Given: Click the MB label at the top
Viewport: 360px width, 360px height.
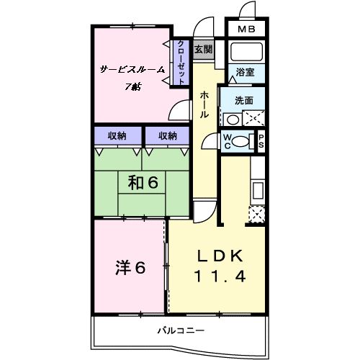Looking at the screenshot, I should click(x=246, y=30).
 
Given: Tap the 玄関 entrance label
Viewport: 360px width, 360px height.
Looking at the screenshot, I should click(x=203, y=50).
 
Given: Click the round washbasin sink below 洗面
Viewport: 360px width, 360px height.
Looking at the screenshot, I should click(x=232, y=120).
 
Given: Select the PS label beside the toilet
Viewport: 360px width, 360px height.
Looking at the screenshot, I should click(x=261, y=141).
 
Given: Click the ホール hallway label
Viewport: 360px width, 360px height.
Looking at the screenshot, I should click(x=204, y=104).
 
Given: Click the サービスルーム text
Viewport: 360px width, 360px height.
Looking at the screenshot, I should click(x=132, y=69).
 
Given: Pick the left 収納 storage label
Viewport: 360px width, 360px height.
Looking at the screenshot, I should click(x=117, y=135).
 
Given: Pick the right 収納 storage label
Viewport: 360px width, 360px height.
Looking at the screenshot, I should click(x=167, y=135).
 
